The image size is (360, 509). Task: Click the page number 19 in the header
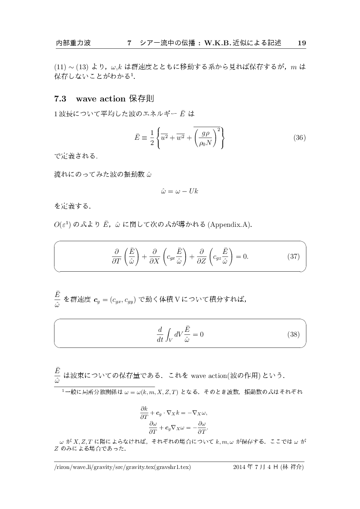click(302, 43)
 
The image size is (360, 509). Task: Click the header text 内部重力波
click(74, 43)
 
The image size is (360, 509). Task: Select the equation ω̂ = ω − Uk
click(180, 191)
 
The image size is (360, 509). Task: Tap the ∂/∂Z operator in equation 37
click(201, 256)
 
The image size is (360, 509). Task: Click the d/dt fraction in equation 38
click(160, 334)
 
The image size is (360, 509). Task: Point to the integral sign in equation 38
click(169, 335)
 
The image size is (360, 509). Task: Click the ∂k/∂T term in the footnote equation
click(144, 413)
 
